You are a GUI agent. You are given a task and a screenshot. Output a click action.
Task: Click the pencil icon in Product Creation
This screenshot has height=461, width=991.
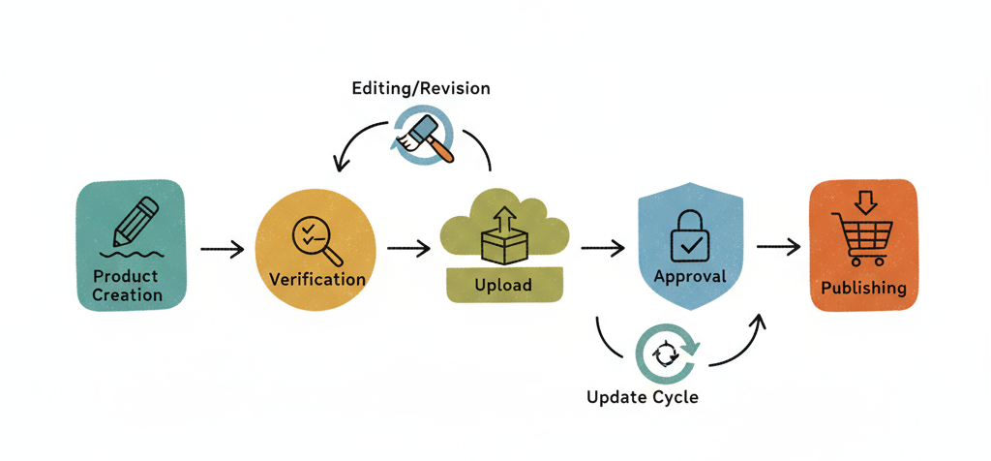[x=135, y=220]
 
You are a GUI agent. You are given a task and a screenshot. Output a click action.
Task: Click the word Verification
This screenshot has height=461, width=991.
[x=316, y=280]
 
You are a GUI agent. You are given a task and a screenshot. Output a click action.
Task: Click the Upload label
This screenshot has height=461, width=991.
[x=502, y=287]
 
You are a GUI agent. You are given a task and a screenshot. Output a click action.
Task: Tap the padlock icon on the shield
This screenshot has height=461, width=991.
[x=689, y=232]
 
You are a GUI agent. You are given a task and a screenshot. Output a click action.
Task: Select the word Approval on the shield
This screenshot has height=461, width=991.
[x=690, y=277]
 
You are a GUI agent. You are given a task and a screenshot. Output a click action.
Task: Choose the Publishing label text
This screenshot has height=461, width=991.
[x=863, y=288]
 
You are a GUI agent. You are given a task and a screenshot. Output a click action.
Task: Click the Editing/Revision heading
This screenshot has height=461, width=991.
[x=420, y=88]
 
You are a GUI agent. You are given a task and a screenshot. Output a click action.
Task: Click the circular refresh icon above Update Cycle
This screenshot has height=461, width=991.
[x=666, y=354]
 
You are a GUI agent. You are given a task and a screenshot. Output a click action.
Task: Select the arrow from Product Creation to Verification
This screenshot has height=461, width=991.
[x=222, y=250]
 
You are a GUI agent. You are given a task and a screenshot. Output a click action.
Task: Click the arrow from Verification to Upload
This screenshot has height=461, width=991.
[x=408, y=249]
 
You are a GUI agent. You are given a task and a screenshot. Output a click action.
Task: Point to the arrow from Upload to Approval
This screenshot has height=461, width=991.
[x=603, y=249]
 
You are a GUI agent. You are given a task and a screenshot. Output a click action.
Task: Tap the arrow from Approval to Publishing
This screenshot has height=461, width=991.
[x=778, y=248]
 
